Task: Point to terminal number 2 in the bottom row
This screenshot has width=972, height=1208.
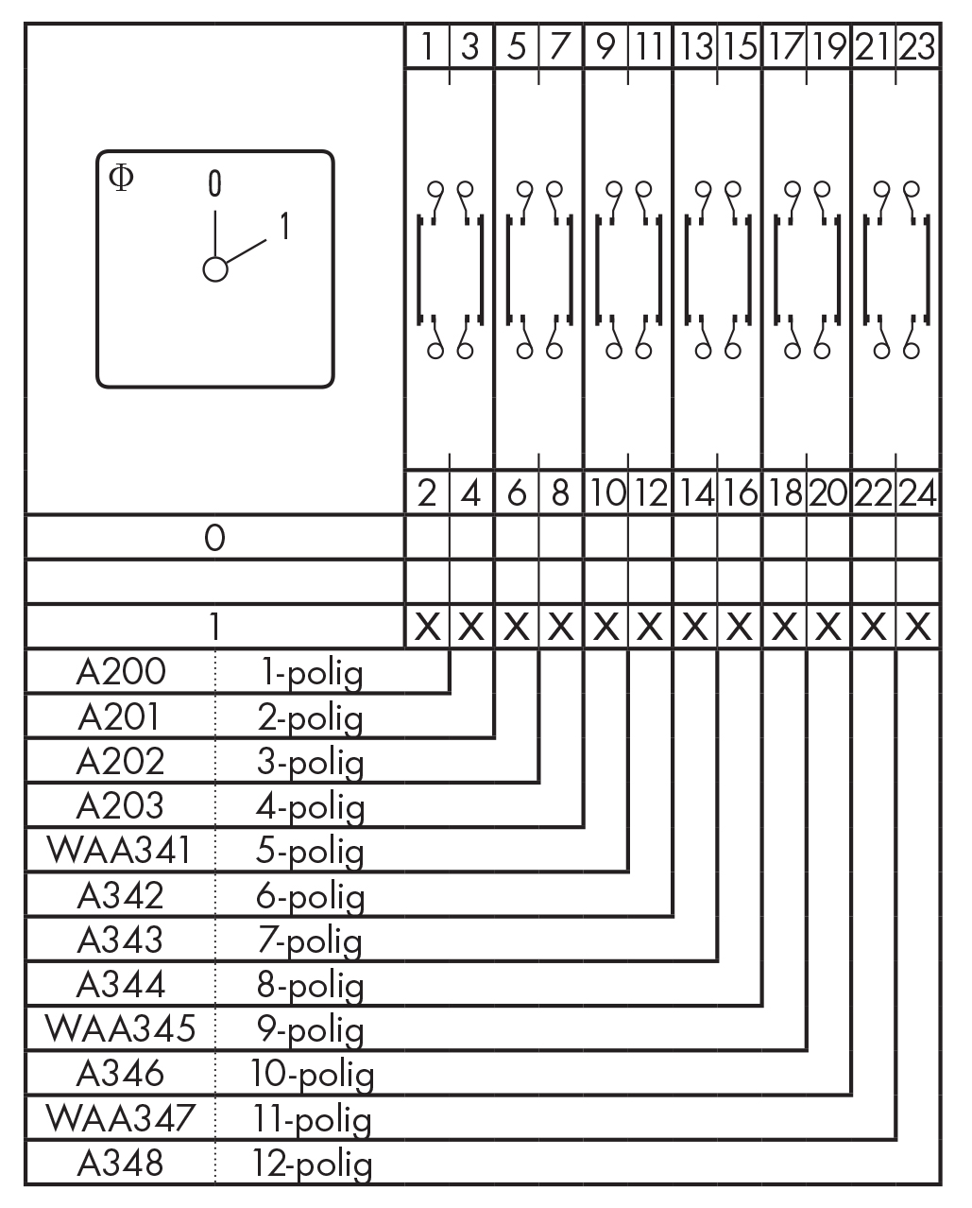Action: [427, 492]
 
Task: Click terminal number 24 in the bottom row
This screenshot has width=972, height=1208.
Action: [916, 492]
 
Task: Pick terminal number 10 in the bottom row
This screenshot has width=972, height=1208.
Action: [605, 492]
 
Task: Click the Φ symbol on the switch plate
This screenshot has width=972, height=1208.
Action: [122, 177]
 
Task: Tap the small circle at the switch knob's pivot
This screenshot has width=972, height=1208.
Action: [215, 269]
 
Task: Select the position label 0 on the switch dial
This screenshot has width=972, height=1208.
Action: [215, 183]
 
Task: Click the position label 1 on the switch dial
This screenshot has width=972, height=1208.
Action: [283, 227]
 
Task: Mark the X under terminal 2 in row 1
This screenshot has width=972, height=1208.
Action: [427, 626]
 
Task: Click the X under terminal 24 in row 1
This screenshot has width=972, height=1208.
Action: [916, 626]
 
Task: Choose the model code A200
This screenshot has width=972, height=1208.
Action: [120, 672]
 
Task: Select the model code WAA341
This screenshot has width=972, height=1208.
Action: [120, 850]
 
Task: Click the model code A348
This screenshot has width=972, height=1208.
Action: [120, 1162]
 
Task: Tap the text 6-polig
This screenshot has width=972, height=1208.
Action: [310, 895]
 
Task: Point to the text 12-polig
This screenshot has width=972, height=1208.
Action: [312, 1164]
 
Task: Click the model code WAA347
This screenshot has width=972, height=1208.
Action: [120, 1117]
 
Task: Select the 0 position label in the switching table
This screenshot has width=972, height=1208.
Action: [215, 538]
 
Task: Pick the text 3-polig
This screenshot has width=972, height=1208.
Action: [310, 762]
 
